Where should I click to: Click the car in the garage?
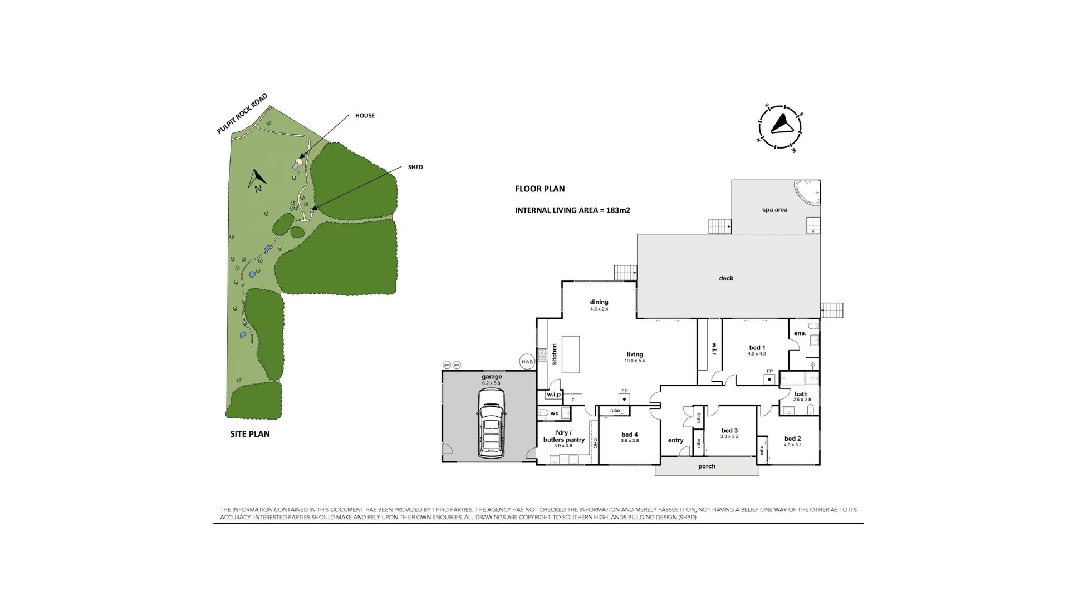(x=491, y=423)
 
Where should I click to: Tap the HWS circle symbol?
(x=527, y=362)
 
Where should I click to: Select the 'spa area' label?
(x=774, y=210)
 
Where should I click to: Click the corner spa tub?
(x=808, y=193)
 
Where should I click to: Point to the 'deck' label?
(x=726, y=278)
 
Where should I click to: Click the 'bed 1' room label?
(x=757, y=348)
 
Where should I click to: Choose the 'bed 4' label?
(x=630, y=435)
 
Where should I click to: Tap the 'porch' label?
(x=707, y=466)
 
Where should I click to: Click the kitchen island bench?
(x=570, y=354)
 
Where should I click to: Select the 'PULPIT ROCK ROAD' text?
(x=242, y=114)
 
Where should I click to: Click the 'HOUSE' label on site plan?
(x=365, y=116)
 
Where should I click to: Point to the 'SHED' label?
(x=415, y=167)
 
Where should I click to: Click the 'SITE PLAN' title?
(x=250, y=434)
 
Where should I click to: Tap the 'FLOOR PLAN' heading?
(x=540, y=189)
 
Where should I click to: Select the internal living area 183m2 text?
(x=572, y=210)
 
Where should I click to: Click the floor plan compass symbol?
(x=781, y=127)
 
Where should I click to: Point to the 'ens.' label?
(x=800, y=333)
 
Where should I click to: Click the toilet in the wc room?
(x=543, y=413)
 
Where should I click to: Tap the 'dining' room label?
(x=599, y=302)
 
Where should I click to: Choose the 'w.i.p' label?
(x=553, y=395)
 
